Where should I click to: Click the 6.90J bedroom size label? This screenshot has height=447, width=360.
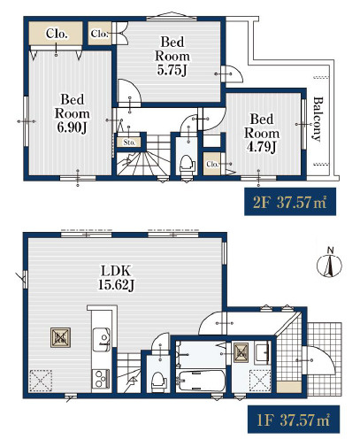click(73, 127)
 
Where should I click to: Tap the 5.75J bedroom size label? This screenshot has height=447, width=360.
click(172, 70)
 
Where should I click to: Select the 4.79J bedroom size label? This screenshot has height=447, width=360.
click(262, 147)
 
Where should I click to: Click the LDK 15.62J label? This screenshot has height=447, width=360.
click(116, 278)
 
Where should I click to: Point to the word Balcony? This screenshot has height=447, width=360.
click(318, 119)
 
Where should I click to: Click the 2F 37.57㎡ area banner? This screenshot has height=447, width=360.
click(290, 202)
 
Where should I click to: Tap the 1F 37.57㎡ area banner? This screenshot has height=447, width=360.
click(294, 420)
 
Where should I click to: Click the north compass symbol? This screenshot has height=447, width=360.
click(329, 265)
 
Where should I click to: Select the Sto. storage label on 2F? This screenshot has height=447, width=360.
click(129, 143)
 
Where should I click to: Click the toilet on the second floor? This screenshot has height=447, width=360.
click(187, 165)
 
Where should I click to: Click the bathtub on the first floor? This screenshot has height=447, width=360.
click(201, 381)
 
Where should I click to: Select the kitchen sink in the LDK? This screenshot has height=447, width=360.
click(102, 339)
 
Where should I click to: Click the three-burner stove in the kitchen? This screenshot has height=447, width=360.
click(101, 379)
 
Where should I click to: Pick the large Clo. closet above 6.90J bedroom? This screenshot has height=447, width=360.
click(56, 34)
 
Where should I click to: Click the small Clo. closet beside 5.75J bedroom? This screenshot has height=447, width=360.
click(100, 34)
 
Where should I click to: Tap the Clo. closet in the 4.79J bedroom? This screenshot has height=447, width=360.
click(211, 164)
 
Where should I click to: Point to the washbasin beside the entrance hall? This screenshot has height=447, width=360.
click(262, 351)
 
